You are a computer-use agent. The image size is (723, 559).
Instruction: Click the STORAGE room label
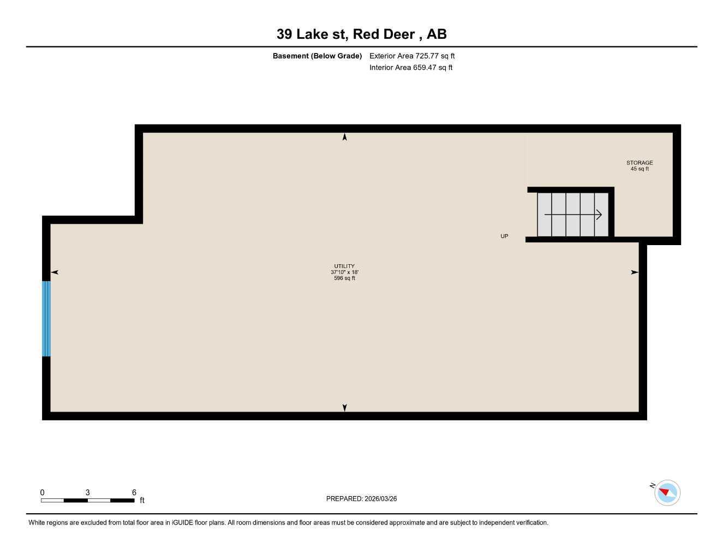coord(640,163)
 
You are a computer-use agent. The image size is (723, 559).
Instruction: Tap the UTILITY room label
coord(344,266)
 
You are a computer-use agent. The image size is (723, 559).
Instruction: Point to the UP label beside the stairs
coord(504,236)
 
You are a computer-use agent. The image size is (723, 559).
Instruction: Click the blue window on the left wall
coord(46,319)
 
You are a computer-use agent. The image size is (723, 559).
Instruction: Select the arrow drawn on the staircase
coord(573,215)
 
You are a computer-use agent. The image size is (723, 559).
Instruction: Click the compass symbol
coord(666,493)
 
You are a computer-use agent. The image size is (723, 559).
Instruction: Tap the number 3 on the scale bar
coord(87,492)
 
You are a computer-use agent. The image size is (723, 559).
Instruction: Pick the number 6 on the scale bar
coord(134,492)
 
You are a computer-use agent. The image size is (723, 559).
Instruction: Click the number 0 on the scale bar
coord(42,492)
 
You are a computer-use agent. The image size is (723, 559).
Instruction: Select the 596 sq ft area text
coord(344,278)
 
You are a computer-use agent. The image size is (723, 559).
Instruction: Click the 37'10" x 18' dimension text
coord(344,272)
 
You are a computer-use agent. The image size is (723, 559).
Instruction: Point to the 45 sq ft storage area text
coord(640,169)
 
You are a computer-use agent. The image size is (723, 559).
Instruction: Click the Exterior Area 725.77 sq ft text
coord(412,56)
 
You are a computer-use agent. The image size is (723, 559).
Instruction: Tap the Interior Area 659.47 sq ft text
coord(411,68)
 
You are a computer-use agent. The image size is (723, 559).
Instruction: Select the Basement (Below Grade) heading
coord(317,56)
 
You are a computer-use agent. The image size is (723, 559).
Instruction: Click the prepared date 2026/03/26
coord(380,498)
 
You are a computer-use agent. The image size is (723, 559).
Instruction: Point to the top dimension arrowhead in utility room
coord(344,137)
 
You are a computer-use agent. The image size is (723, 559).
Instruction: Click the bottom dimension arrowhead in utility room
coord(344,407)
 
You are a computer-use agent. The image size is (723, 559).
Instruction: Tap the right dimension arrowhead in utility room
coord(635,272)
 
